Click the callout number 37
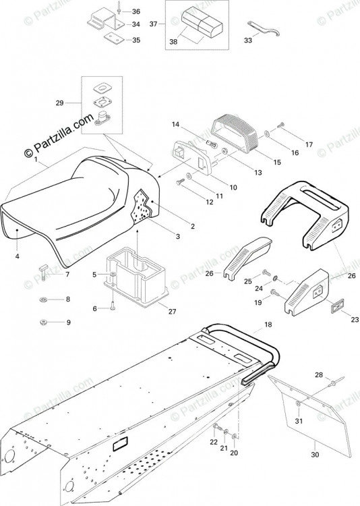click(154, 24)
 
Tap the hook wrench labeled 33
click(264, 28)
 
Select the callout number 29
click(59, 103)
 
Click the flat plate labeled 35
click(114, 39)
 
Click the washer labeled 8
click(43, 300)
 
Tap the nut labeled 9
click(43, 322)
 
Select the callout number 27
click(173, 312)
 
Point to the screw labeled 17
click(281, 125)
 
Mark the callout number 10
click(233, 187)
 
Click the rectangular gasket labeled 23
click(334, 305)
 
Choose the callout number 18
click(268, 325)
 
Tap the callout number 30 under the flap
click(315, 454)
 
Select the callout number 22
click(214, 442)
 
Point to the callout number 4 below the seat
click(17, 256)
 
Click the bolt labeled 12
click(179, 183)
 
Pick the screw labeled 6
click(113, 305)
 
